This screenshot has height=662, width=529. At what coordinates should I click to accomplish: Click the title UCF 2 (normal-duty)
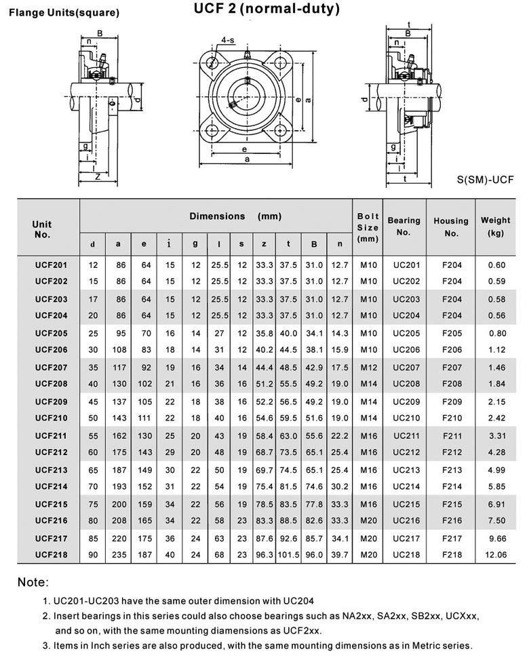[x=267, y=9]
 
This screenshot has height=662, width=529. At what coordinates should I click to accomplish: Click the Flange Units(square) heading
[x=64, y=13]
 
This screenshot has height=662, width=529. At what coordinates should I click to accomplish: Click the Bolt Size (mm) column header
[x=368, y=227]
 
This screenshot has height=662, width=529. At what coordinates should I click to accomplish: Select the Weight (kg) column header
[x=496, y=227]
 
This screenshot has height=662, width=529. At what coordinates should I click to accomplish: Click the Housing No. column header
[x=451, y=227]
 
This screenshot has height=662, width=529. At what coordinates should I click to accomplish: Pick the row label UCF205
[x=52, y=333]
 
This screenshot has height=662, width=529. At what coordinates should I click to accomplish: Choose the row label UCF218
[x=52, y=554]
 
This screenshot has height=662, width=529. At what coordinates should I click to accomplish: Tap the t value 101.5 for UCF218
[x=289, y=554]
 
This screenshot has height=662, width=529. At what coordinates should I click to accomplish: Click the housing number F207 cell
[x=452, y=367]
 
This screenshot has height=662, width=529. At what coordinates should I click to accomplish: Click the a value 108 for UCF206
[x=119, y=349]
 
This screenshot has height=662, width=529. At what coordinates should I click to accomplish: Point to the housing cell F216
[x=452, y=520]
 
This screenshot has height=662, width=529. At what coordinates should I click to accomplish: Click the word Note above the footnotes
[x=33, y=583]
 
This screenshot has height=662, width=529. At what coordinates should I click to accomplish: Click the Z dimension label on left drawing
[x=99, y=176]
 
